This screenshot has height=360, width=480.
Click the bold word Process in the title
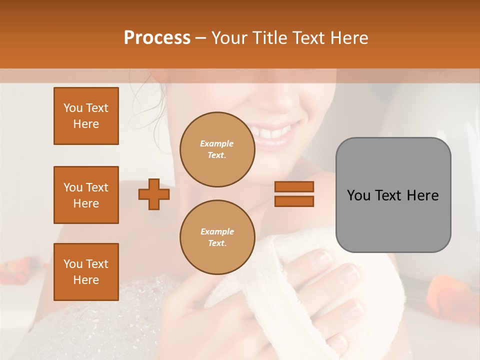(157, 38)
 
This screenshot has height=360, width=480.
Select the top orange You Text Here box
(86, 116)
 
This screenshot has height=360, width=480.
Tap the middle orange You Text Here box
(86, 195)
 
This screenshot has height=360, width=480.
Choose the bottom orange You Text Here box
(86, 272)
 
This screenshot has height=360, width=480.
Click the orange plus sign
(154, 194)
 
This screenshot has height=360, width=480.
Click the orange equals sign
(294, 194)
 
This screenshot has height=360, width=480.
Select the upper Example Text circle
(217, 149)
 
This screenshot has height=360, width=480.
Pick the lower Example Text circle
(217, 237)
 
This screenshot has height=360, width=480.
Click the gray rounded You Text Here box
(393, 195)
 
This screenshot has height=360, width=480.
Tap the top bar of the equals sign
(294, 186)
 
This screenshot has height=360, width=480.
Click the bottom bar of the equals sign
(294, 201)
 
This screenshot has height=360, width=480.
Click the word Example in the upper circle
(217, 144)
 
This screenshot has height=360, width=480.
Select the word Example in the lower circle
(217, 232)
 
